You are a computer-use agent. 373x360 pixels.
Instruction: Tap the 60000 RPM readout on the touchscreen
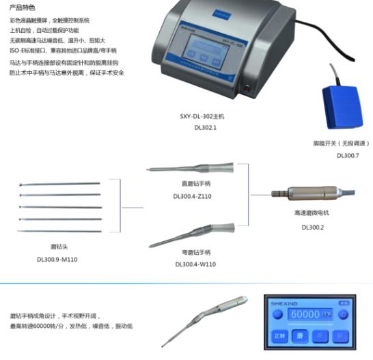312,314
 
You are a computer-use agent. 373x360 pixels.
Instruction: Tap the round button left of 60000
277,314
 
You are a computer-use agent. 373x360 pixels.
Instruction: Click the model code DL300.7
347,155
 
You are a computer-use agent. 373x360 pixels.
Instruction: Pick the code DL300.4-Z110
193,196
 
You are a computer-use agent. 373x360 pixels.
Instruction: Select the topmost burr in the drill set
61,183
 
